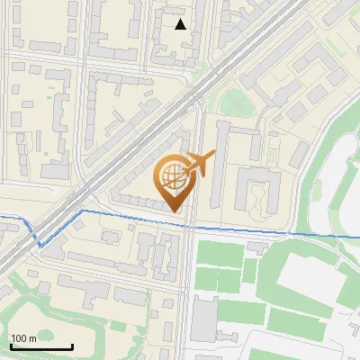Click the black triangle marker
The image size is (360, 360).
coord(181,24)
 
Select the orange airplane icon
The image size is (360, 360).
coord(200,164)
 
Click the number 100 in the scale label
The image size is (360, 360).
coord(19,338)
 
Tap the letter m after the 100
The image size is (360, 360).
coord(32,338)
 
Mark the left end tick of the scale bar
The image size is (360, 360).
coord(10,346)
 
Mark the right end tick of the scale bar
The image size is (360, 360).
coord(72,346)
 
